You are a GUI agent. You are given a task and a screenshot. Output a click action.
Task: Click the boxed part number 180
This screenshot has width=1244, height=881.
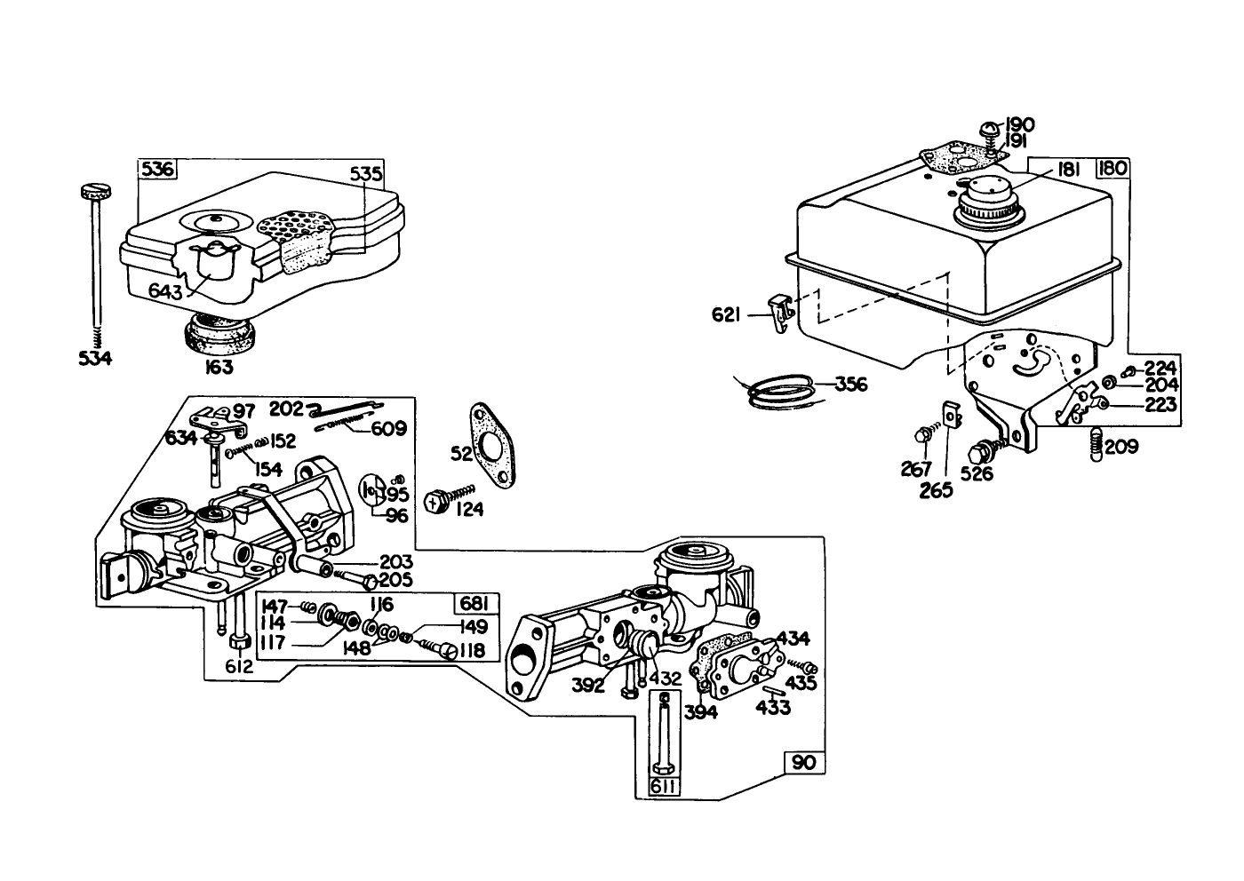pyautogui.click(x=1112, y=169)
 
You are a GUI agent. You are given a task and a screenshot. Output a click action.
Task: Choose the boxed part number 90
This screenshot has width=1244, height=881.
pyautogui.click(x=803, y=763)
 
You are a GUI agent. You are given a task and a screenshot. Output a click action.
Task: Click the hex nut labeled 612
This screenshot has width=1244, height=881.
pyautogui.click(x=237, y=642)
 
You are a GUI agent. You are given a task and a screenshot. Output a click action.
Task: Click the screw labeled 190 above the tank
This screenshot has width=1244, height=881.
pyautogui.click(x=989, y=130)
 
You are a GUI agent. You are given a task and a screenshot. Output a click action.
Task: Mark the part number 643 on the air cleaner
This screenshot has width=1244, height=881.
pyautogui.click(x=166, y=291)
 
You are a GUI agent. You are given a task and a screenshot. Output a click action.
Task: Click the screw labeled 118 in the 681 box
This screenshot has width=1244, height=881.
pyautogui.click(x=435, y=651)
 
